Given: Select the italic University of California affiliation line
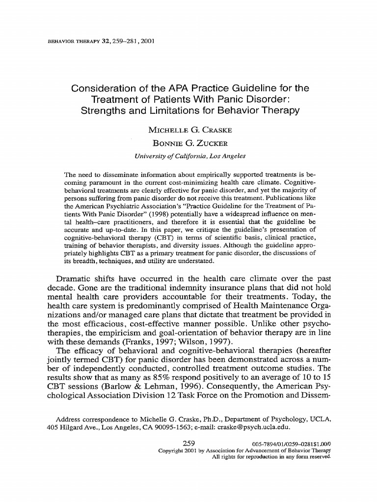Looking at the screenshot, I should tap(190, 156).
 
